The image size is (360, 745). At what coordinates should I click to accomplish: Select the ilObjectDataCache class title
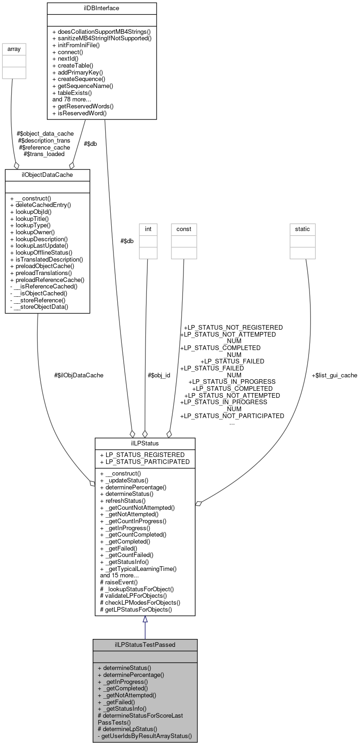click(x=47, y=175)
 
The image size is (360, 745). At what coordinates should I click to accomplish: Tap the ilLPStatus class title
click(x=145, y=443)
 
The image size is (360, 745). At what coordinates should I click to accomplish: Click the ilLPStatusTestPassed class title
click(x=145, y=645)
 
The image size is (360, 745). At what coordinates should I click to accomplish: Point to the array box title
click(x=14, y=49)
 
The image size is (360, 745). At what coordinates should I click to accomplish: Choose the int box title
click(x=148, y=229)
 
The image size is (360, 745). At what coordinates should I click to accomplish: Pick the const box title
click(x=183, y=229)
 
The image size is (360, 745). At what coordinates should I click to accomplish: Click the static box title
click(x=302, y=229)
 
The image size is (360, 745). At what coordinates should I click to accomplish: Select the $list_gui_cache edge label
click(x=334, y=375)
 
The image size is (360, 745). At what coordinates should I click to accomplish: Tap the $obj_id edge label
click(x=158, y=375)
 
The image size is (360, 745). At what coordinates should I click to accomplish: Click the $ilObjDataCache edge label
click(x=79, y=375)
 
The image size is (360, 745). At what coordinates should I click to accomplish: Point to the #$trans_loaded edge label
click(x=44, y=154)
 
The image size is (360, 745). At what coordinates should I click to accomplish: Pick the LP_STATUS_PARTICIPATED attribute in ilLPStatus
click(x=145, y=462)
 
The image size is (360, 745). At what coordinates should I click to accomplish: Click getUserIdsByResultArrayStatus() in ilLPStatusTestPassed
click(x=145, y=735)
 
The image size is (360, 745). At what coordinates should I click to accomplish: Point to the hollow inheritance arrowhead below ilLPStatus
click(x=145, y=620)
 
